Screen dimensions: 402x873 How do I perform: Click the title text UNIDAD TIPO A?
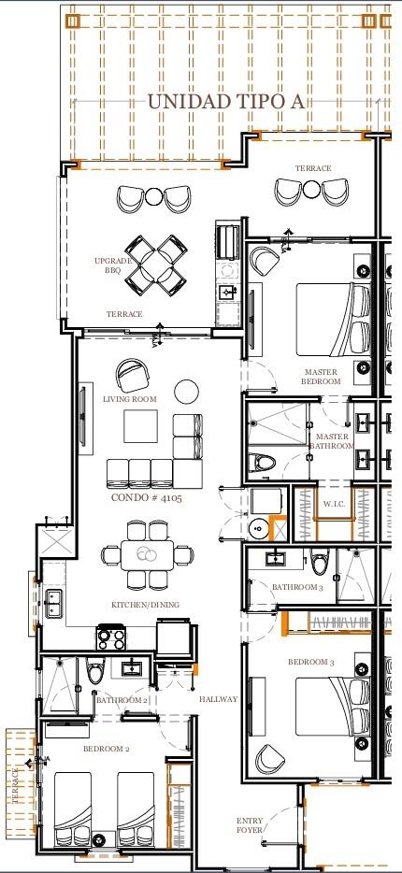point(225,102)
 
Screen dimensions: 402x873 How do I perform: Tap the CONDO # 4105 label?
point(147,497)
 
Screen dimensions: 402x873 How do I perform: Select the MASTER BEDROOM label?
point(321,377)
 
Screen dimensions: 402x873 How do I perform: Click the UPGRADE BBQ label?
point(113,265)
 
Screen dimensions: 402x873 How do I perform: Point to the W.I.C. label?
point(334,504)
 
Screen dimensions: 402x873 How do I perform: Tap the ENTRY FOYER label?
point(250,825)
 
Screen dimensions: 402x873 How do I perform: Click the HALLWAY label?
point(218,699)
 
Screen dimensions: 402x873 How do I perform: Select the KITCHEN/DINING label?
point(145,605)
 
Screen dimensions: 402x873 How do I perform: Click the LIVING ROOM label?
point(130,399)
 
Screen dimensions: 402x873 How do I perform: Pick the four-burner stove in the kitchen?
point(111,637)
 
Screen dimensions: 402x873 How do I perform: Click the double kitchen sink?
point(54,603)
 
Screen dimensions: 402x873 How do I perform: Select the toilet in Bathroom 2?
point(95,670)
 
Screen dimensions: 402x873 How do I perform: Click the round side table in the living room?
point(187,392)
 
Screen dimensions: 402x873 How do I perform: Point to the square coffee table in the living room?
point(140,426)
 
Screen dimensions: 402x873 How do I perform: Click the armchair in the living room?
point(133,375)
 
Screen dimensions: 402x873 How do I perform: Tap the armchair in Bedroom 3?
point(271,758)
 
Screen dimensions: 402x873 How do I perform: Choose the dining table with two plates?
point(148,555)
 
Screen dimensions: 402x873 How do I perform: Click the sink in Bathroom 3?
point(276,558)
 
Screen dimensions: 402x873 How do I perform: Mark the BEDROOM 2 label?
point(107,749)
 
